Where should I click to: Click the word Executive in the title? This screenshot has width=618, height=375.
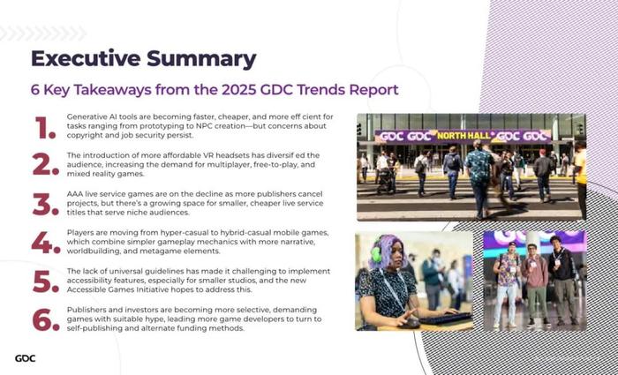pyautogui.click(x=86, y=58)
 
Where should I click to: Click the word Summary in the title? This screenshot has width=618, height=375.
pyautogui.click(x=201, y=59)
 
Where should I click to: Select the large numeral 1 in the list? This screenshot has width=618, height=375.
pyautogui.click(x=45, y=128)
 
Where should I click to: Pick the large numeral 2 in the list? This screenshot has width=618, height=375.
pyautogui.click(x=45, y=165)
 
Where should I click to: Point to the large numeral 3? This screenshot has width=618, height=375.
pyautogui.click(x=45, y=205)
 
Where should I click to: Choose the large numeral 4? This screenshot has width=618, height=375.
pyautogui.click(x=45, y=243)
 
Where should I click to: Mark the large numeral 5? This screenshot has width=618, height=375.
pyautogui.click(x=45, y=281)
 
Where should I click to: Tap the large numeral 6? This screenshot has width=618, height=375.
pyautogui.click(x=45, y=319)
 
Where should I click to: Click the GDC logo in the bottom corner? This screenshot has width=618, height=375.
pyautogui.click(x=26, y=358)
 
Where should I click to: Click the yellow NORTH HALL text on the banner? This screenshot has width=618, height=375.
pyautogui.click(x=464, y=136)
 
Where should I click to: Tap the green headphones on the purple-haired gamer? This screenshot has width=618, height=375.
pyautogui.click(x=376, y=254)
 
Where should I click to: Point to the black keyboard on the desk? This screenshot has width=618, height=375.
pyautogui.click(x=445, y=319)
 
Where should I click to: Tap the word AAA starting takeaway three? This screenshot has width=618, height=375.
pyautogui.click(x=74, y=194)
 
